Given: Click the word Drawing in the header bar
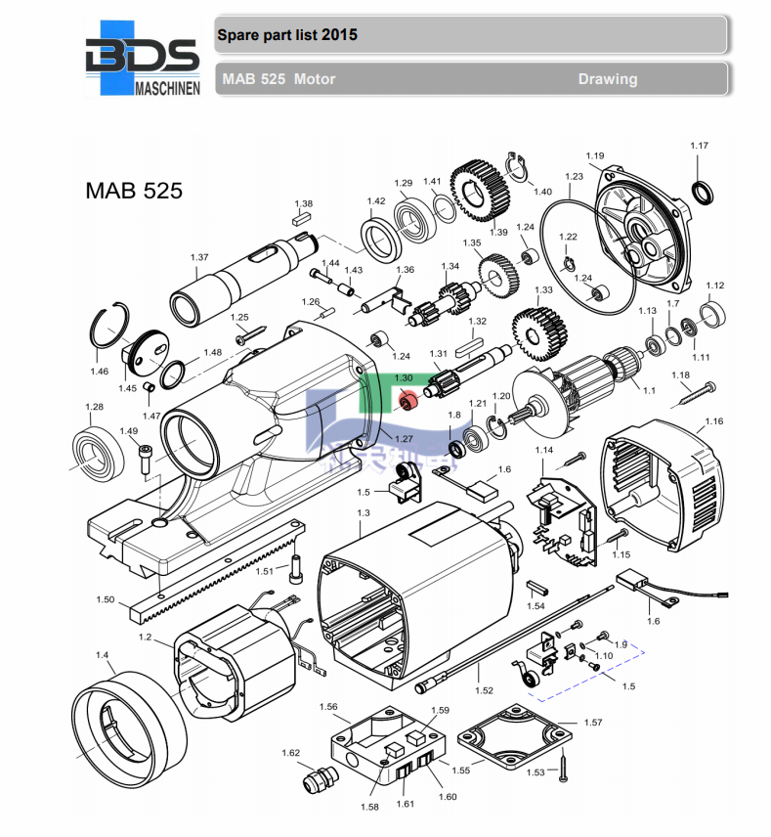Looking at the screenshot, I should coord(607,79).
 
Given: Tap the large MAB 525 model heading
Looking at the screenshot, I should coord(134,191).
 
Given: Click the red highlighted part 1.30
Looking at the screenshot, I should coord(408,399).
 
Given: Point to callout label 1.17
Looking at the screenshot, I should coord(699,147).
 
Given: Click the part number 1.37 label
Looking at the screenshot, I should coord(199,257).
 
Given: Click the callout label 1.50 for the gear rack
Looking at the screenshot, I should coord(106,599).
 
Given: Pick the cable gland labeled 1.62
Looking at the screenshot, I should coord(319,779).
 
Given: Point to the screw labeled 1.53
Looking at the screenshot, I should coord(564,768).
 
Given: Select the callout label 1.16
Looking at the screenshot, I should coord(713,421).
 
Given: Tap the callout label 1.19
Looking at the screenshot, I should coord(595,155).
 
